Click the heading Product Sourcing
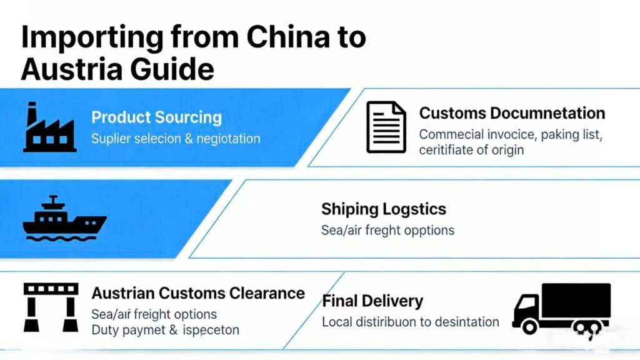[156, 117]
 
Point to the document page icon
[386, 127]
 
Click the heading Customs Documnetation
[512, 113]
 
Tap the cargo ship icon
[64, 219]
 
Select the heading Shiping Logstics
[384, 209]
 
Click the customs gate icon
[51, 306]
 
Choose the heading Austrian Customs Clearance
[198, 293]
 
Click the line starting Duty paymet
[165, 329]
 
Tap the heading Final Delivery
[372, 301]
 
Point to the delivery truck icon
[561, 308]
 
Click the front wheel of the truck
[530, 326]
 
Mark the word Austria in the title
[66, 69]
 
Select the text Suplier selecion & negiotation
[176, 138]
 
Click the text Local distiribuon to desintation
[410, 322]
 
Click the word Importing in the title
[92, 37]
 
